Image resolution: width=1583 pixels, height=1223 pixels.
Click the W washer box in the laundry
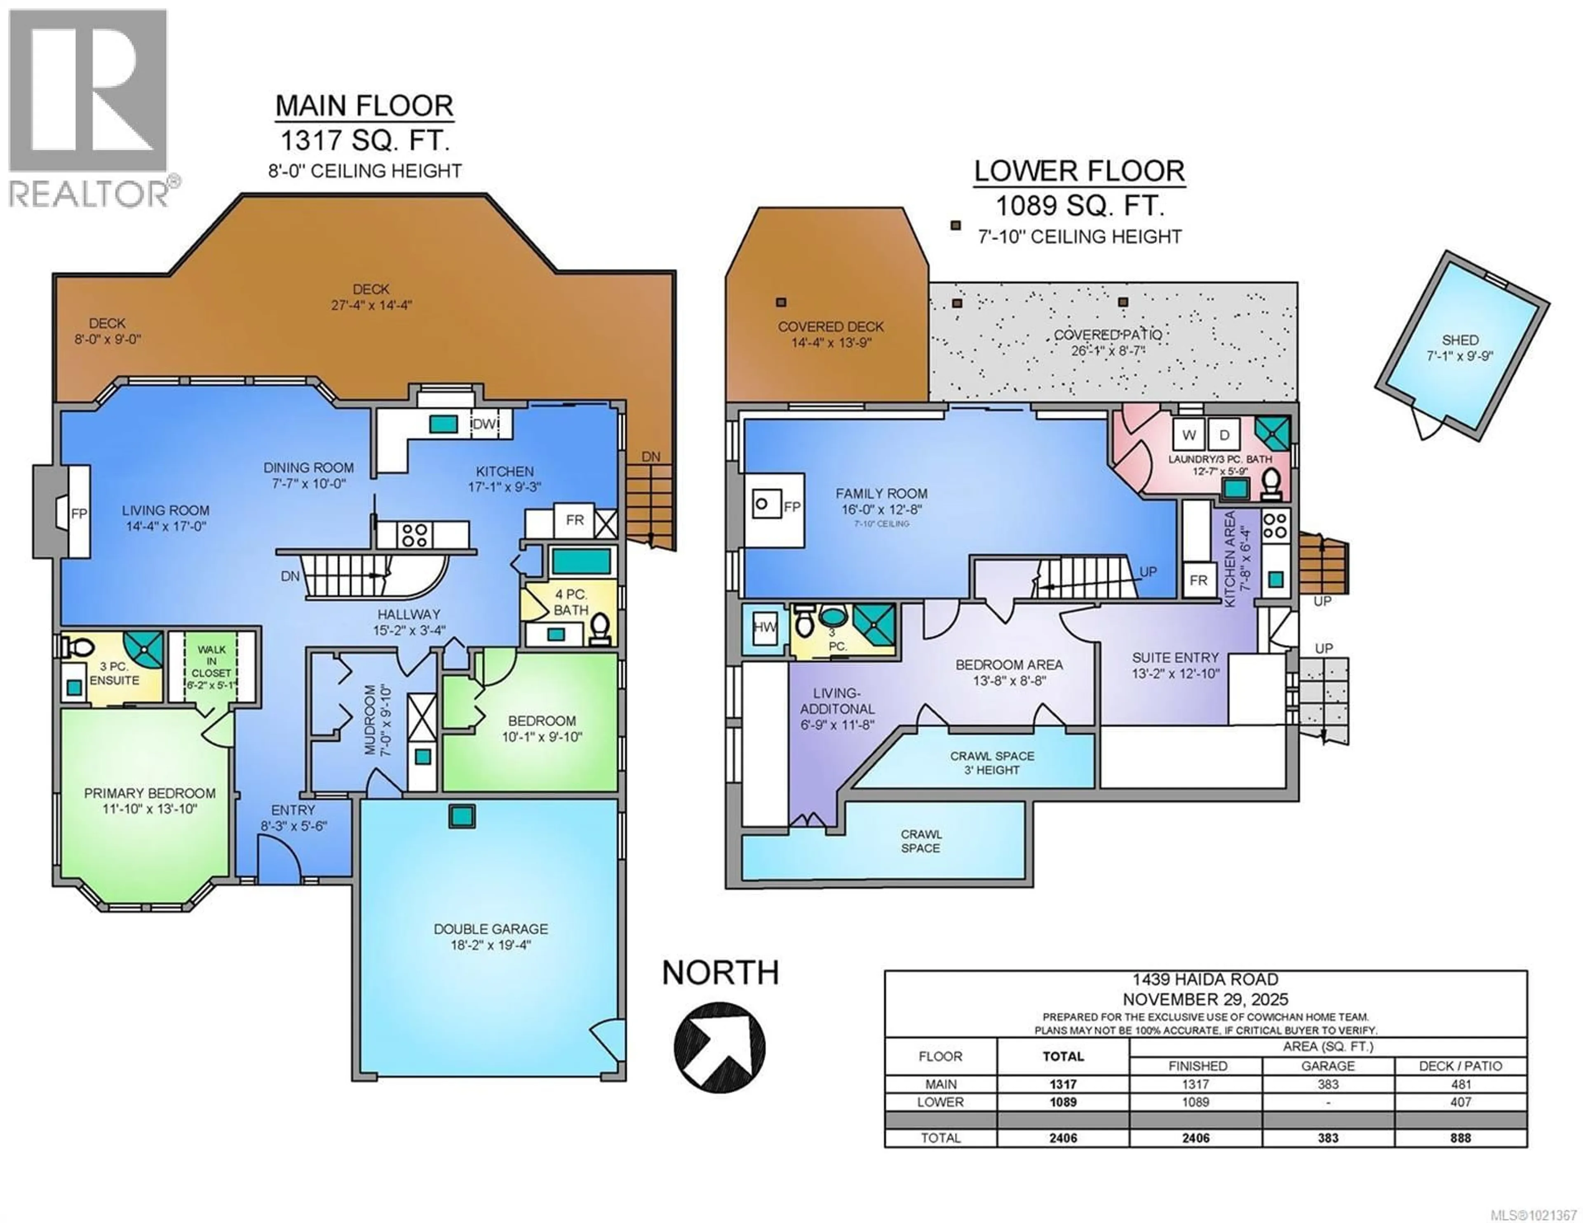coord(1189,435)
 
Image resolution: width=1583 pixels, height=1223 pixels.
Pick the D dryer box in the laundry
coord(1224,435)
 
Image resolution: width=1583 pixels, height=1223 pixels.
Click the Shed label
coord(1460,340)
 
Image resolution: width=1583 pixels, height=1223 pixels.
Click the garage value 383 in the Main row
coord(1328,1085)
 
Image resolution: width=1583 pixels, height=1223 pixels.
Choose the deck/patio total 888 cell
coord(1461,1138)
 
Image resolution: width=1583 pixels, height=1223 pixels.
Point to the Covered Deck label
coord(831,327)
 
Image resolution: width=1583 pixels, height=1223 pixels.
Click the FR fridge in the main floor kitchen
coord(575,521)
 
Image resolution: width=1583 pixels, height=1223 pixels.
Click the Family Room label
coord(881,494)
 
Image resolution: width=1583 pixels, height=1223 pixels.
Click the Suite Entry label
coord(1175,657)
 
